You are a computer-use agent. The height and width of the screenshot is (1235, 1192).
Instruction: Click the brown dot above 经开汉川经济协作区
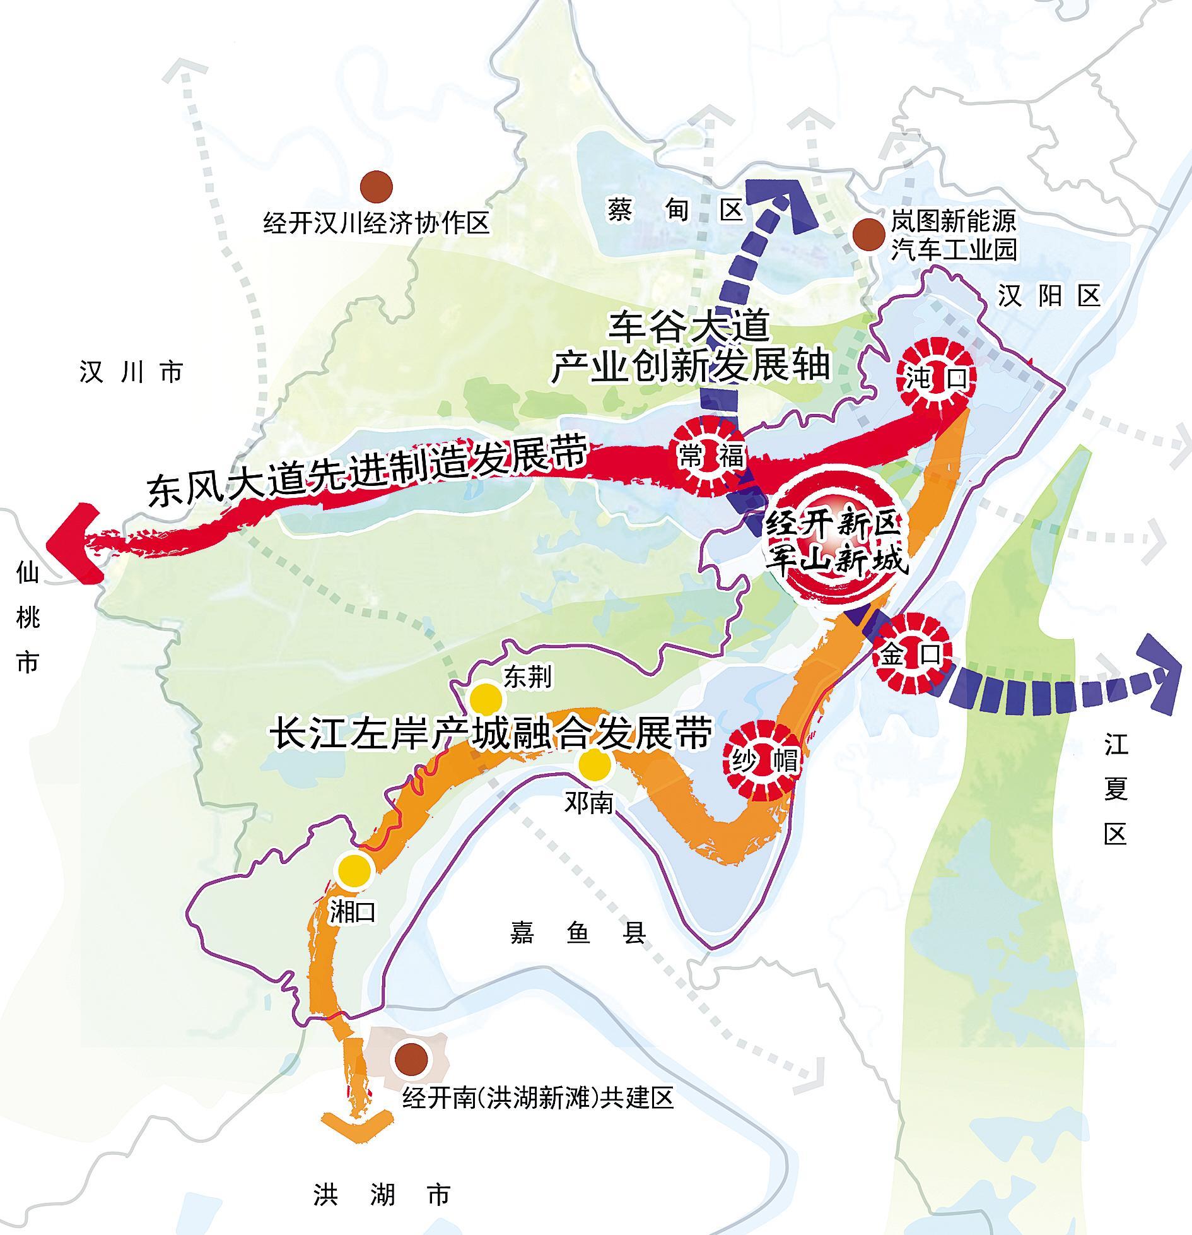click(377, 186)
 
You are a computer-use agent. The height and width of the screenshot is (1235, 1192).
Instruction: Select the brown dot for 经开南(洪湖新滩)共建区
click(411, 1058)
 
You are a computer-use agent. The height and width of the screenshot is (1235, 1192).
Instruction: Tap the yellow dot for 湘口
click(353, 869)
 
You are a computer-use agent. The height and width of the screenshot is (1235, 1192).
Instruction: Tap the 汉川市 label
click(131, 372)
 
